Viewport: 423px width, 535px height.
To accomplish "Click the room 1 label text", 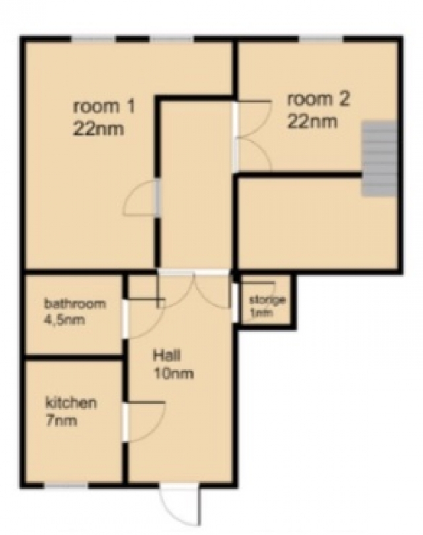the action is click(x=104, y=106).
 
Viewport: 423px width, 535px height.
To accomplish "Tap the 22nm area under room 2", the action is click(x=312, y=122).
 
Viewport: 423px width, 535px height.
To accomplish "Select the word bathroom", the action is click(x=75, y=304).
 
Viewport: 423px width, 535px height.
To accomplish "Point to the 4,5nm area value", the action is click(x=65, y=320).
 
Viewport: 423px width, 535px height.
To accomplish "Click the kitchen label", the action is click(x=71, y=403).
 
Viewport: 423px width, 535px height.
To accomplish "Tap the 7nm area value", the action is click(x=61, y=421).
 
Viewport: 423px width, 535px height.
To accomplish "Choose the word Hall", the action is click(x=167, y=356).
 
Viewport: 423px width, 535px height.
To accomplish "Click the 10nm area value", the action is click(x=174, y=373).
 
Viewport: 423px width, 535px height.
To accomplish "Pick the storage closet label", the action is click(x=267, y=301).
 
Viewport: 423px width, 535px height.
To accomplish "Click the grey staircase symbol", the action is click(x=379, y=159).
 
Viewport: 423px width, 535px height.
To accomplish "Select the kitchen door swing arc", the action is click(x=146, y=422).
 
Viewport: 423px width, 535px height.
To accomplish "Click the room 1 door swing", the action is click(x=140, y=198).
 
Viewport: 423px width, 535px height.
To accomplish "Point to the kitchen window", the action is click(x=66, y=485).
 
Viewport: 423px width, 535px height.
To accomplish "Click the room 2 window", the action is click(x=321, y=39).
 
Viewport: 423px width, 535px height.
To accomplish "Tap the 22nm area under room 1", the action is click(x=98, y=129).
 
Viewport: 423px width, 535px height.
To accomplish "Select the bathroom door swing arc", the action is click(x=146, y=319).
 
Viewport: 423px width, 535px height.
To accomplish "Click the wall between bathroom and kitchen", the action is click(x=73, y=357).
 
